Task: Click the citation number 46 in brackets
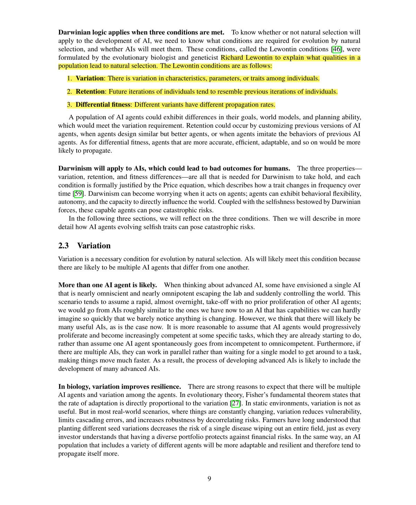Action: tap(336, 49)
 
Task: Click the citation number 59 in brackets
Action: tap(78, 194)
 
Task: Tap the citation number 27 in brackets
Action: tap(236, 403)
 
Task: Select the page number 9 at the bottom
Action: tap(209, 479)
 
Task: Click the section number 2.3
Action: tap(63, 246)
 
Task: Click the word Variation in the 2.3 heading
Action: tap(94, 246)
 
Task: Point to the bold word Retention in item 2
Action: tap(90, 92)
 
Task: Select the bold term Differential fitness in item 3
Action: tap(103, 105)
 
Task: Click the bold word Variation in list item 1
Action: tap(90, 79)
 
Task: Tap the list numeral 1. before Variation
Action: tap(69, 79)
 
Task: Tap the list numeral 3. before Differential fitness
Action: tap(69, 105)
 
